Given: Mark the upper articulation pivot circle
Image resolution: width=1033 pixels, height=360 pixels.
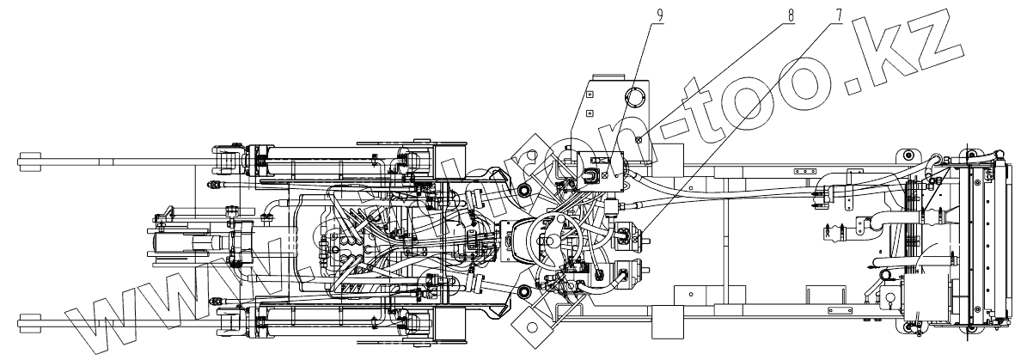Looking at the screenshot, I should pos(523,188).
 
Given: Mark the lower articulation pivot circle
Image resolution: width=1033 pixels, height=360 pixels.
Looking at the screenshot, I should pos(523,293).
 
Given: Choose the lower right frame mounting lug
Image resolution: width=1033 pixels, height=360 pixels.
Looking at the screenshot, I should pos(908,325).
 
